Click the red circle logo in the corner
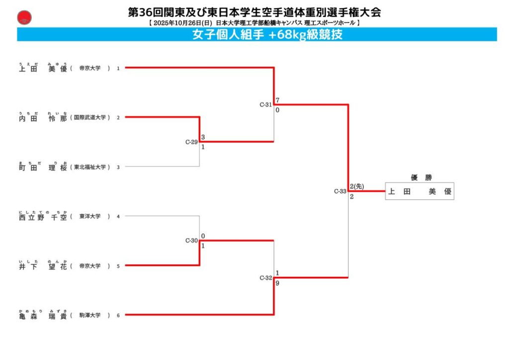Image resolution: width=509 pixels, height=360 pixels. pos(24,18)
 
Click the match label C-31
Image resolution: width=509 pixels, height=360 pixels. pos(265,105)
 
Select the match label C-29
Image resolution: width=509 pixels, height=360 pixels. pos(191,142)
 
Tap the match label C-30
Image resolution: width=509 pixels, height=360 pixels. pos(191,241)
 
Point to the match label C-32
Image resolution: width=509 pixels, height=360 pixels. pos(265,278)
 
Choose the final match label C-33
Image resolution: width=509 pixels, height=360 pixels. pos(340,191)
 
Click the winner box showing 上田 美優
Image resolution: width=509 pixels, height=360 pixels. pos(420,191)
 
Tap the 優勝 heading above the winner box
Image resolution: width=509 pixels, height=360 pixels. pos(419,178)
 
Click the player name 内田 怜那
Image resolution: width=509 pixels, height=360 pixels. pos(43,118)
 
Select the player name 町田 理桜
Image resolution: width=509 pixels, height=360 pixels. pos(43,168)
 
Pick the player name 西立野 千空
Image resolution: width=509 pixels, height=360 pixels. pos(43,217)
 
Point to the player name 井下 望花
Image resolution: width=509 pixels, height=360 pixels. pos(43,266)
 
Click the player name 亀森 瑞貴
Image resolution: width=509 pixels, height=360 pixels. pos(43,315)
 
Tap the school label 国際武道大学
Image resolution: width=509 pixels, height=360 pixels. pos(90,118)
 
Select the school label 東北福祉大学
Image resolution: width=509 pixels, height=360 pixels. pos(90,168)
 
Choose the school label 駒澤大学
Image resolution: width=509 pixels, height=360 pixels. pos(90,315)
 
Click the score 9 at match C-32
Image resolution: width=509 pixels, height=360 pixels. pos(277,283)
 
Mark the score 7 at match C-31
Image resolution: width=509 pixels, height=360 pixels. pos(277,100)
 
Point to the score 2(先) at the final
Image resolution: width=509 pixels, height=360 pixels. pos(357,186)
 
